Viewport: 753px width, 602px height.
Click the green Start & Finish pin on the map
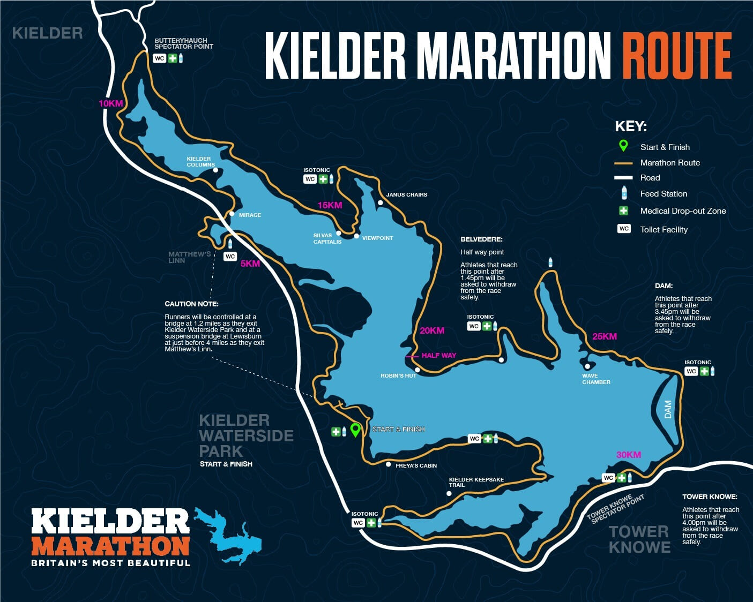(x=355, y=430)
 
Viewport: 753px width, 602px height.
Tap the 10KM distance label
(x=110, y=103)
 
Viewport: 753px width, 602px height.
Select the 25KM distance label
(x=604, y=336)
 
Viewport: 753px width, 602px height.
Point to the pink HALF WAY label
(x=438, y=355)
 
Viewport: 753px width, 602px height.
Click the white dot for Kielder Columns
(x=215, y=170)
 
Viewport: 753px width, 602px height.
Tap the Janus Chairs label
(x=406, y=194)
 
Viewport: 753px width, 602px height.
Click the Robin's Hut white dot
(x=417, y=370)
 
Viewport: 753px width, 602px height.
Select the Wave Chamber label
(x=596, y=379)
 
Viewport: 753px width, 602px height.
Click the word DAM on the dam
(x=668, y=409)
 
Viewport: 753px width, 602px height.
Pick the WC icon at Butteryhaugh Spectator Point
(x=159, y=58)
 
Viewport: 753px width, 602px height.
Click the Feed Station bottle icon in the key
(x=624, y=193)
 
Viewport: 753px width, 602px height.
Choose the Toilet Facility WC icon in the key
(x=624, y=229)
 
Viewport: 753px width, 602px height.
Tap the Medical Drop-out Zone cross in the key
(x=624, y=210)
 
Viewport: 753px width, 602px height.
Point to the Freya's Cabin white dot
(x=389, y=464)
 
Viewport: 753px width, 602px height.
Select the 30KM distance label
(x=628, y=455)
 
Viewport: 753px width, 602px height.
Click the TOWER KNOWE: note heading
(x=710, y=496)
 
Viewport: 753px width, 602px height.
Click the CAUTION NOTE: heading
(x=187, y=304)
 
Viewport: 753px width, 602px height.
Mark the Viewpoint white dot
(x=356, y=236)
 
